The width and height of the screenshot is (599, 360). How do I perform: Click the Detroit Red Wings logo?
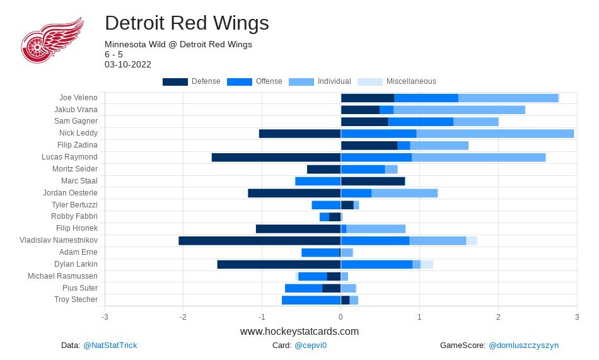52,40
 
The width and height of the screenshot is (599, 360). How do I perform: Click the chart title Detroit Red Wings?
187,23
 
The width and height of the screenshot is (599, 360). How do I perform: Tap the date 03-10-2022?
128,64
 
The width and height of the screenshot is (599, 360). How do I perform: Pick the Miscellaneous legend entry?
397,81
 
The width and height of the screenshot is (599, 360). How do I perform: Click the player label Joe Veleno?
78,98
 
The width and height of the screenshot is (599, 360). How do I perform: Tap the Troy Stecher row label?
76,299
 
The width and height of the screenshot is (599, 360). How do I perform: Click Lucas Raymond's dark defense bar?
276,157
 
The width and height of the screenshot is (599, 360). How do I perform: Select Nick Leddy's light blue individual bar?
495,134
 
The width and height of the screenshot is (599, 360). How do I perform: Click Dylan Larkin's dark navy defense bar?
279,264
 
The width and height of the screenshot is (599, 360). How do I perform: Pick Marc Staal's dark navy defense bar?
373,181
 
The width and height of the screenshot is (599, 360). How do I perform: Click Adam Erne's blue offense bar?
320,252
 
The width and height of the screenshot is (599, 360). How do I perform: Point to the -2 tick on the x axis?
183,316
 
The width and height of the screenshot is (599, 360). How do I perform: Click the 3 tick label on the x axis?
577,316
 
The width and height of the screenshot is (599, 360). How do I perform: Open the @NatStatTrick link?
110,345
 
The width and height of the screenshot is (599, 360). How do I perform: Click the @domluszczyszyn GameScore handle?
523,345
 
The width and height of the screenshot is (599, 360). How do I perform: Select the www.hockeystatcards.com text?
299,331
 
